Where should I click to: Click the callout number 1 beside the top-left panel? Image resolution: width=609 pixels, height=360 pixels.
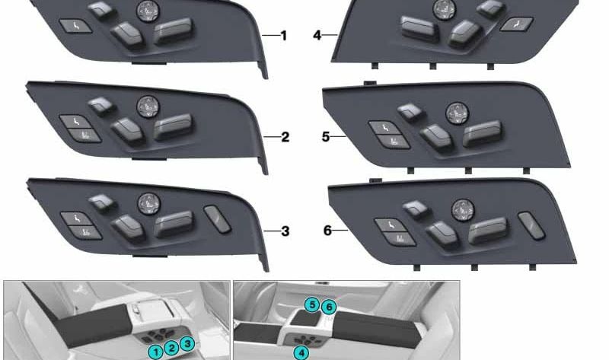[283, 36]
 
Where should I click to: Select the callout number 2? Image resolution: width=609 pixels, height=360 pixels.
[285, 137]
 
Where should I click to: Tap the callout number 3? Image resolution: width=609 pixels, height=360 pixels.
[285, 231]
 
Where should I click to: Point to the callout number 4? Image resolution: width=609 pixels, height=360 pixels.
[317, 35]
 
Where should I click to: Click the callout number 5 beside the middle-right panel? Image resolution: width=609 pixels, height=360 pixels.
[326, 137]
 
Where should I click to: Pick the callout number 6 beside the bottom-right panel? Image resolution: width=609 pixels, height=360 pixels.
[328, 231]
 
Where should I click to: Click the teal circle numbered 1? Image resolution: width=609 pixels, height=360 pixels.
[156, 352]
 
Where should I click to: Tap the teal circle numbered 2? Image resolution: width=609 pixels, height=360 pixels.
[171, 348]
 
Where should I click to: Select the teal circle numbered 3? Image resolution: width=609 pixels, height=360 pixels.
[187, 343]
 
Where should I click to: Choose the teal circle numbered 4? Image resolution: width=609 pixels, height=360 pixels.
[301, 352]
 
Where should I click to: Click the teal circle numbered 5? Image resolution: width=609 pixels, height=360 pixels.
[312, 305]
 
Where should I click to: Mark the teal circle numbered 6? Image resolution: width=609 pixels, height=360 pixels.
[329, 307]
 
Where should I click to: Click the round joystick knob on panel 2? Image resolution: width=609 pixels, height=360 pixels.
[148, 106]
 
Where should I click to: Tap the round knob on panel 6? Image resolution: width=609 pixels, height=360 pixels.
[463, 211]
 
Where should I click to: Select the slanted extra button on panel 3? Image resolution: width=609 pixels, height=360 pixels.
[218, 219]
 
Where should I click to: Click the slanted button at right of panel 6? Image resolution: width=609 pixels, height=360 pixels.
[531, 225]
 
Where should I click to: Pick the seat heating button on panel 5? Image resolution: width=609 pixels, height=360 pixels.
[394, 142]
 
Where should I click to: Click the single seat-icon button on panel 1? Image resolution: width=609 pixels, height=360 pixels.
[75, 27]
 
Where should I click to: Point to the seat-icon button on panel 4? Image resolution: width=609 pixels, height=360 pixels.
[516, 24]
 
